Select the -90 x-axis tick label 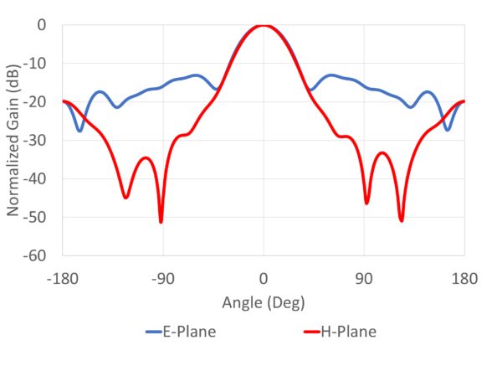point(163,279)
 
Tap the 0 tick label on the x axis point(264,279)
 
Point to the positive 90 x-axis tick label point(364,279)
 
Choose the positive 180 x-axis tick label point(464,279)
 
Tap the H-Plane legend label point(350,332)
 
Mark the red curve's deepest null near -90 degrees point(161,221)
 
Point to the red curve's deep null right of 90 point(402,220)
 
